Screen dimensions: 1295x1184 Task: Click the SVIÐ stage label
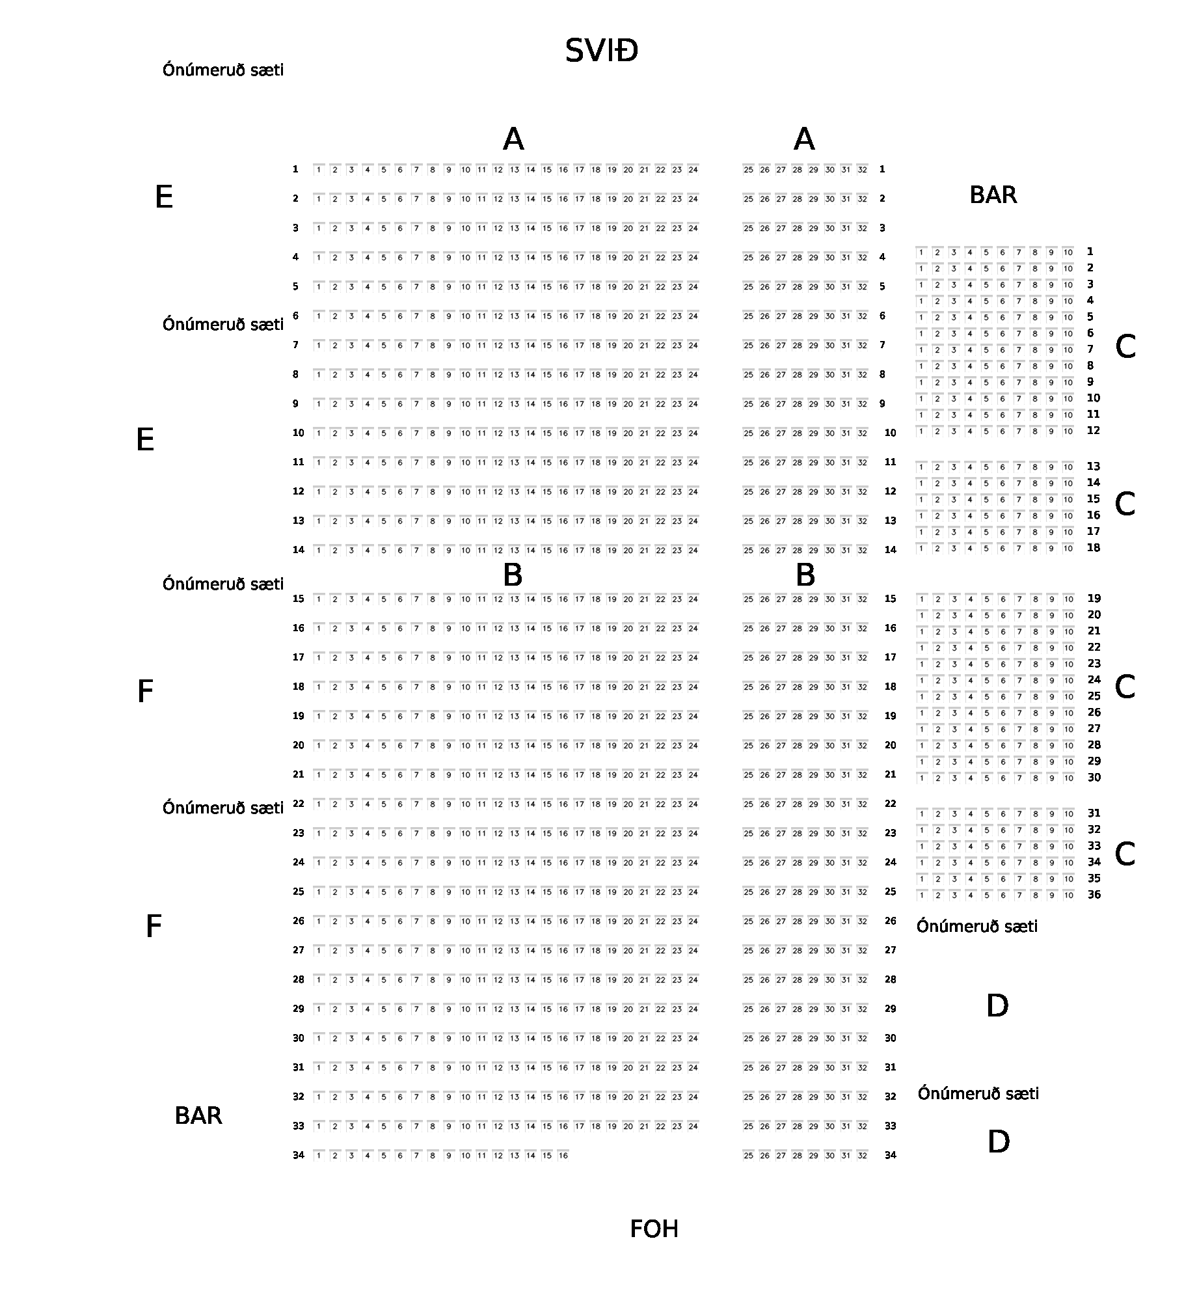pos(601,51)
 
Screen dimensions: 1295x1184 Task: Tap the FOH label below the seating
pos(654,1229)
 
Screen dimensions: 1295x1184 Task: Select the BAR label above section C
pos(993,195)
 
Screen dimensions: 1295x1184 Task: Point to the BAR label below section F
pos(198,1116)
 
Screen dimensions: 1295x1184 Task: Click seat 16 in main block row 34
pos(563,1156)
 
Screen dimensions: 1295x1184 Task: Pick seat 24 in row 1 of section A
pos(693,170)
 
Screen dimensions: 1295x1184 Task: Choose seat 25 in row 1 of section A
pos(748,170)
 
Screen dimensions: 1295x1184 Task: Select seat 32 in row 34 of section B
pos(862,1156)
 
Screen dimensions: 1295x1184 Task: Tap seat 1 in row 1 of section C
pos(921,252)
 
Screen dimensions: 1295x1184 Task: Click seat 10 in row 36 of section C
pos(1068,895)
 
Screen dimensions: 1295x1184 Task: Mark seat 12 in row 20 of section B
pos(498,746)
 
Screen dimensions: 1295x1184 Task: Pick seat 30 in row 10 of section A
pos(829,433)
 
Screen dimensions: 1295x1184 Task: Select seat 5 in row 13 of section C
pos(986,467)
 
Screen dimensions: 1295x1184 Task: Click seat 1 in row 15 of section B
pos(319,599)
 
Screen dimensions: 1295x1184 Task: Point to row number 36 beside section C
pos(1094,895)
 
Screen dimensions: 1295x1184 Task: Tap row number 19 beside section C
pos(1094,599)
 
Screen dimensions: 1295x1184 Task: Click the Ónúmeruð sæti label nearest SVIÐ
pos(223,70)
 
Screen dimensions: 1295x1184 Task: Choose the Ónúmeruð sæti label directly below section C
pos(976,927)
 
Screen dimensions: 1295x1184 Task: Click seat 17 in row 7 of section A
pos(580,346)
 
